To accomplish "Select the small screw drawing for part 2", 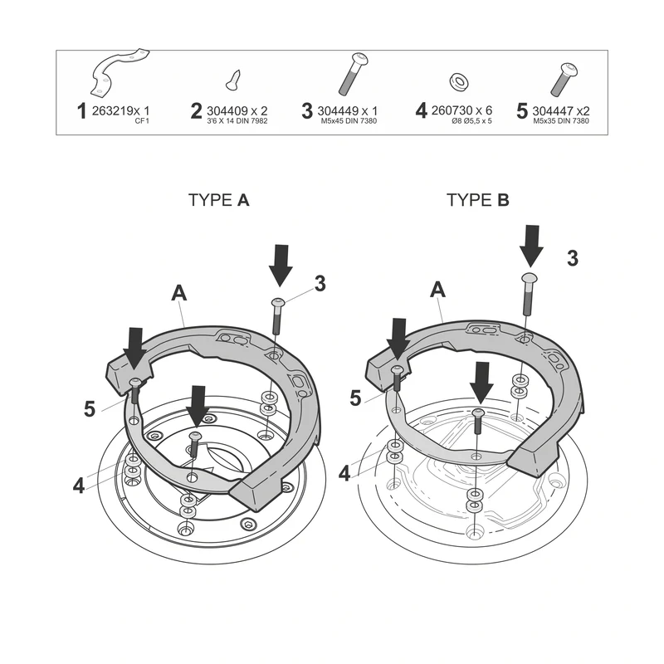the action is (233, 80).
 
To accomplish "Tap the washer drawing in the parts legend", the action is (459, 81).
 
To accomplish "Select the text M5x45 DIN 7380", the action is (349, 121).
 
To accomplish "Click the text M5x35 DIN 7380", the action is (561, 121).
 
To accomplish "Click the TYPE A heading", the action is (219, 200).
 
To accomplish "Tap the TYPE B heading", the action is (478, 200).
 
